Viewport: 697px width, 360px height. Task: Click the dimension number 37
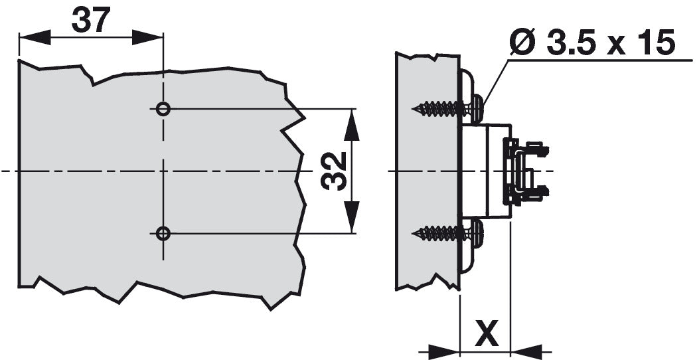(90, 21)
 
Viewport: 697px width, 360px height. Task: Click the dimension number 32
(335, 171)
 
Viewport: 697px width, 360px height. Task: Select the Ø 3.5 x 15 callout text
(592, 44)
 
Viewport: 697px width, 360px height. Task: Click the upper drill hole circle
(163, 108)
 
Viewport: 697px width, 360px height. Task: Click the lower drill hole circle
(163, 232)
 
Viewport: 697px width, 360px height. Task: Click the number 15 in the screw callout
(653, 44)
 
